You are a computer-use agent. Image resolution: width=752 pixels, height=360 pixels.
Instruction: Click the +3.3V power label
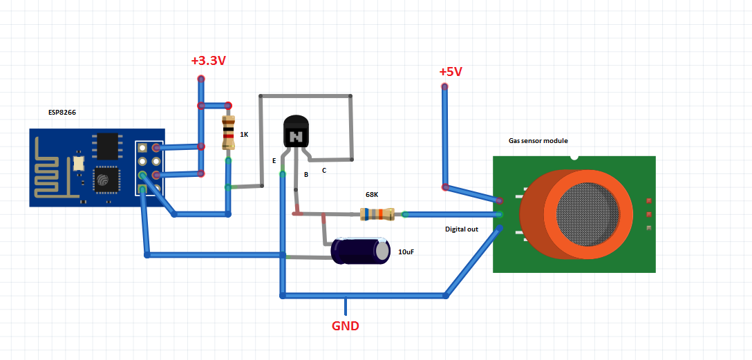coord(208,61)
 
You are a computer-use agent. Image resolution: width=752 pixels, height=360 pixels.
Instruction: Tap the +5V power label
coord(450,72)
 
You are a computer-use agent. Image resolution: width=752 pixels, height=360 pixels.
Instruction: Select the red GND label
coord(346,325)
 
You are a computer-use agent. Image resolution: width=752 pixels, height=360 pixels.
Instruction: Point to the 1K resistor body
coord(228,133)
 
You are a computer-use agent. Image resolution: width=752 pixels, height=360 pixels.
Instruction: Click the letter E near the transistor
coord(274,160)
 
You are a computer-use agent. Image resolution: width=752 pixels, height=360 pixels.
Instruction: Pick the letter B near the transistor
coord(305,175)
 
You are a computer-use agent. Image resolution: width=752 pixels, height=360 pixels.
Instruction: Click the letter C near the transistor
coord(324,169)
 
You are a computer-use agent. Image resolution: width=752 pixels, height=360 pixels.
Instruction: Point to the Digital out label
coord(461,229)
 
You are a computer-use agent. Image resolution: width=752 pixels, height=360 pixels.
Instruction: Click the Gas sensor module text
coord(538,140)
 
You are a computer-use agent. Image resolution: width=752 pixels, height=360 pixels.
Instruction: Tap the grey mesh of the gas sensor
coord(587,214)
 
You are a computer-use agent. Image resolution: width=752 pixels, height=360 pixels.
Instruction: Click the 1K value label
coord(244,134)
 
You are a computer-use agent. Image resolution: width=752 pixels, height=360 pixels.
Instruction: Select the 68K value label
coord(373,195)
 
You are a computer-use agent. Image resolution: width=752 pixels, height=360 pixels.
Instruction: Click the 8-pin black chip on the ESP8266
coord(108,146)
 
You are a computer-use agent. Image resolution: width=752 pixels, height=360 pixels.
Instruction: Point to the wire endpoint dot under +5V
coord(444,86)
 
